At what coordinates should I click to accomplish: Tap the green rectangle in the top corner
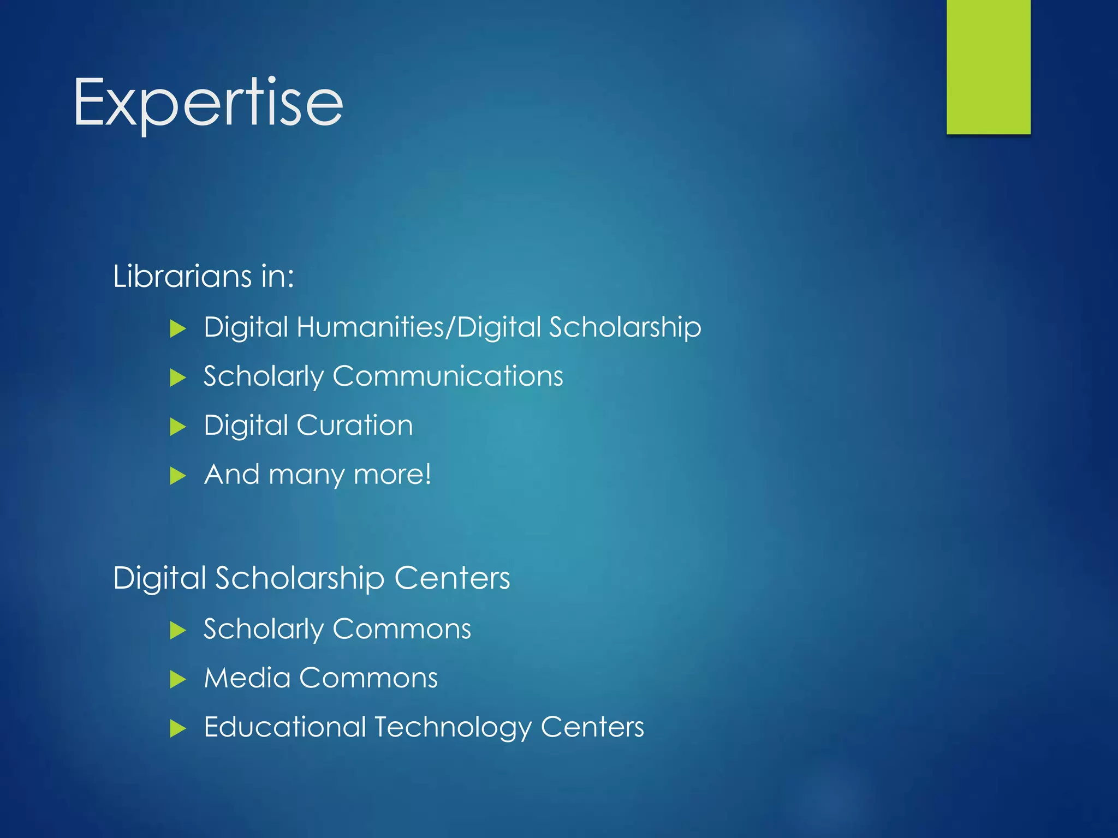coord(988,67)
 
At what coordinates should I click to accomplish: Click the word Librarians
coord(182,276)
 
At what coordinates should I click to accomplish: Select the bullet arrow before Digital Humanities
coord(177,329)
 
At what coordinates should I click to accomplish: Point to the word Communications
coord(448,376)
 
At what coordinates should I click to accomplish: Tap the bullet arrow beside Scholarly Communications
coord(177,378)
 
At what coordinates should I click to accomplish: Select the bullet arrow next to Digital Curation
coord(177,427)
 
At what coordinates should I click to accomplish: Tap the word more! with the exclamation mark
coord(393,474)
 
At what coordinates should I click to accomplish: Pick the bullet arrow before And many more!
coord(177,476)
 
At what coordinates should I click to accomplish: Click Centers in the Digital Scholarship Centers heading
coord(452,578)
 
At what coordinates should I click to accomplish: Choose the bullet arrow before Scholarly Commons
coord(177,631)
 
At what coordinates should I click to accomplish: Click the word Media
coord(247,678)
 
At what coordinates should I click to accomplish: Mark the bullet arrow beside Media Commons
coord(177,680)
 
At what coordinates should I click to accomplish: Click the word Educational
coord(284,727)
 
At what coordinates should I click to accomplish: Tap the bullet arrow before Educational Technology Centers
coord(177,728)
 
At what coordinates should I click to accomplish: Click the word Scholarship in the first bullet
coord(625,327)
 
